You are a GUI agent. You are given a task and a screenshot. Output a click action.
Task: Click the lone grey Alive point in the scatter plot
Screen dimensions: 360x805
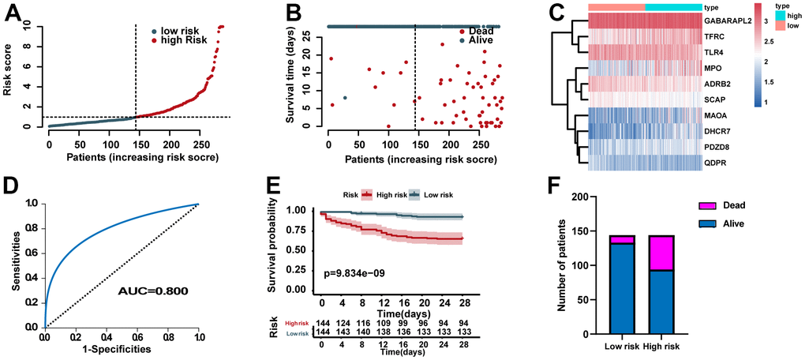(x=345, y=98)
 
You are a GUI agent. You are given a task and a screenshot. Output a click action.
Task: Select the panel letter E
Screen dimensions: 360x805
(x=274, y=191)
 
